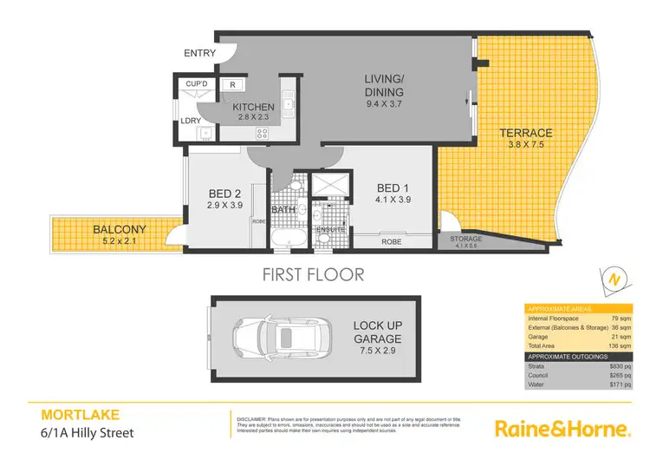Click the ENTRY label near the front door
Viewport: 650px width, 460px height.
199,54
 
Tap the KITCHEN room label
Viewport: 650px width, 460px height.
253,108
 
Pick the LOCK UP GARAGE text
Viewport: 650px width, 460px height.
376,332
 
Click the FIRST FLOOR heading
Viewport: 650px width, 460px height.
314,275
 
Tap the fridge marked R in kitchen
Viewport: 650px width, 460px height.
233,85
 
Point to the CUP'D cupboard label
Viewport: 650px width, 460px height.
196,84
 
